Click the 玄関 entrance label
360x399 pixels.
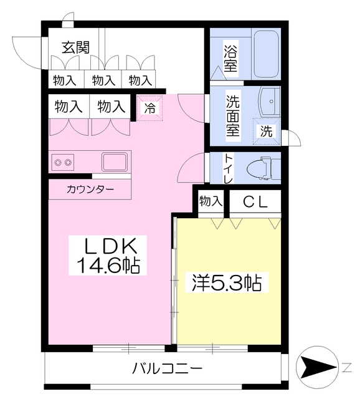click(x=76, y=47)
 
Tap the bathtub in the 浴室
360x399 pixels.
click(x=266, y=54)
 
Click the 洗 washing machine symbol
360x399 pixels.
click(x=267, y=132)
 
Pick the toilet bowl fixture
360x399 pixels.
click(x=263, y=168)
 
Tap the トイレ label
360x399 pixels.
click(x=227, y=168)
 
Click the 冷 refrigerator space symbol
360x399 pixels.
click(x=149, y=108)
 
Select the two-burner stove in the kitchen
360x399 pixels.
click(x=63, y=162)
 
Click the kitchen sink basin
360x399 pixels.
click(x=115, y=161)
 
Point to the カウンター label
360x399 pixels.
click(x=90, y=190)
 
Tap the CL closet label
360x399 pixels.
click(x=255, y=202)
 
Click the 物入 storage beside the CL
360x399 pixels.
click(x=211, y=201)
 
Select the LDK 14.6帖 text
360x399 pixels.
click(x=108, y=256)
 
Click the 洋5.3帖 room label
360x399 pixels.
click(x=227, y=282)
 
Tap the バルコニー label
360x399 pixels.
click(x=167, y=368)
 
